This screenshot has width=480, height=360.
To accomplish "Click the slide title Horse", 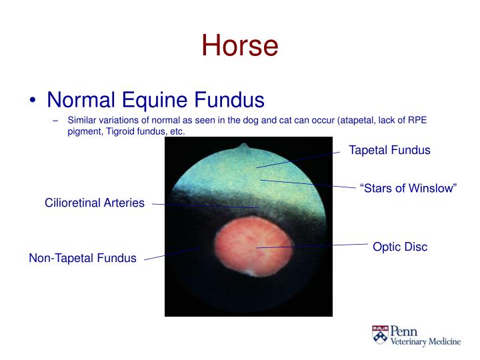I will [x=239, y=45].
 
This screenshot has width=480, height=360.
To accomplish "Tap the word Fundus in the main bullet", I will [x=229, y=100].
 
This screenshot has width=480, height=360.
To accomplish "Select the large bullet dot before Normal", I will [x=33, y=101].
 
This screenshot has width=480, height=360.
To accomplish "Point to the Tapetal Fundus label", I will [x=389, y=150].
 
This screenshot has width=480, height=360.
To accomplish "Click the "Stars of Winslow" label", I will [x=408, y=189].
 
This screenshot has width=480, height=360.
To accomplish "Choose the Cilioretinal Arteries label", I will [x=95, y=203].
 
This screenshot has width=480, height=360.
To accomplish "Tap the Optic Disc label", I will [x=400, y=247].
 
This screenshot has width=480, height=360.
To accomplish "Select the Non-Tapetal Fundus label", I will [x=83, y=258].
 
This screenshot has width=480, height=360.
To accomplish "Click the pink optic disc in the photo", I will [x=247, y=246].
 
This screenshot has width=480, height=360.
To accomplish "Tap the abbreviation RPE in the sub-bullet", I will [x=418, y=121].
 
